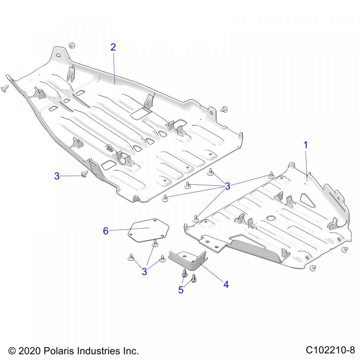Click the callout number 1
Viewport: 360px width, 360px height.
coord(305,145)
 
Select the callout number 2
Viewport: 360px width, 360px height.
coord(113,47)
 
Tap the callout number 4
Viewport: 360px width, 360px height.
coord(226,284)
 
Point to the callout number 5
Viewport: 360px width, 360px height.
coord(181,290)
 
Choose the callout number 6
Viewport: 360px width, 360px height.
coord(106,231)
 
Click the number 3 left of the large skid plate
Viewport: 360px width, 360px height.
coord(57,176)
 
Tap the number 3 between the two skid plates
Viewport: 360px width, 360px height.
coord(228,186)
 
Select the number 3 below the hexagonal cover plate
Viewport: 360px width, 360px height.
coord(145,271)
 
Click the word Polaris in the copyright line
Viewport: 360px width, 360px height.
coord(59,351)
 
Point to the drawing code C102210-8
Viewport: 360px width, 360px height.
coord(330,350)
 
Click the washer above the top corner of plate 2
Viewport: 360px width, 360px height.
coord(71,45)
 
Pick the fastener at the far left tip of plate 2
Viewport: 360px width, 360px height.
coord(4,88)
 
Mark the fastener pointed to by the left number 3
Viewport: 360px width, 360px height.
coord(85,174)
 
